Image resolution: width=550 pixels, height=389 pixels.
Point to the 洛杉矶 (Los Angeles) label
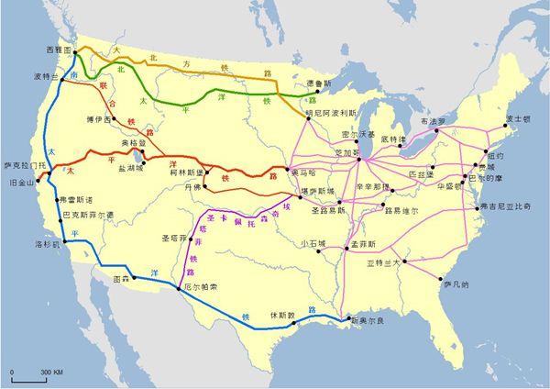[47, 245]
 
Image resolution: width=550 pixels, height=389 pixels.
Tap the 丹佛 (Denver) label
[192, 186]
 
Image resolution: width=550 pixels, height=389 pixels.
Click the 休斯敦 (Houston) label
[282, 314]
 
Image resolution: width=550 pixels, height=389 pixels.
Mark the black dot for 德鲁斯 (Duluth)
[307, 94]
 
